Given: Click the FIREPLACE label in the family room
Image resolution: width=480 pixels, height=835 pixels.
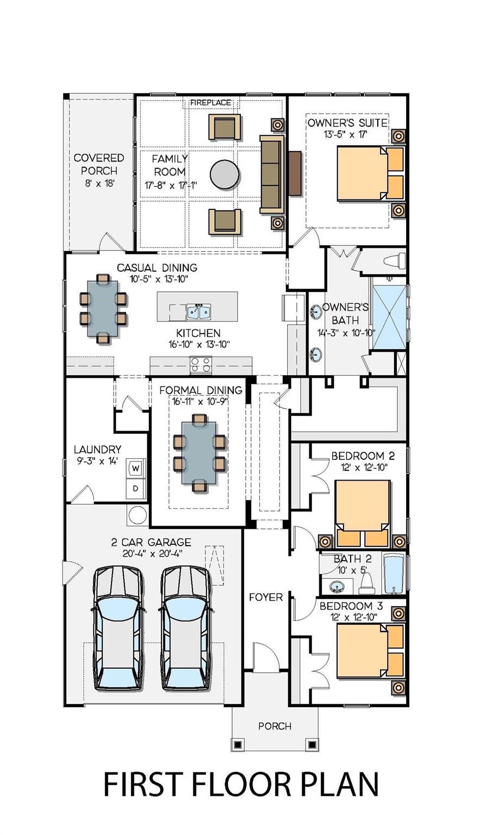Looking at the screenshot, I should (x=210, y=102).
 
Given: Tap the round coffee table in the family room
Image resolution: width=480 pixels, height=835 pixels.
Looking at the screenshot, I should (x=224, y=174).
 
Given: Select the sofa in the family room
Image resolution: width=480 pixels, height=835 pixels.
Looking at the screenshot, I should (x=272, y=174).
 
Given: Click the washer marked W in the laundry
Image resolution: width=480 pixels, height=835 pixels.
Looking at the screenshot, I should (x=135, y=468).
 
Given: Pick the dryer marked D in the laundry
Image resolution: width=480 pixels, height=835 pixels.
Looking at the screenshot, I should (x=135, y=488).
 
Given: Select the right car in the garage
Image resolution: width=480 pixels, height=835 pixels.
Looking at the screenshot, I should (x=186, y=628).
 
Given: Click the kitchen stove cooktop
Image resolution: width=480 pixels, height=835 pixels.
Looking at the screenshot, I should (x=200, y=364).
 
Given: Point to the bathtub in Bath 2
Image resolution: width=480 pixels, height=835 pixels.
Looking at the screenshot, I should (x=393, y=574).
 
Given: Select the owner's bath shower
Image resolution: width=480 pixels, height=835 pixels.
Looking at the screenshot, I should (x=389, y=313).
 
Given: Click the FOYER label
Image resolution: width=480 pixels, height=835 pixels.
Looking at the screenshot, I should (x=266, y=597).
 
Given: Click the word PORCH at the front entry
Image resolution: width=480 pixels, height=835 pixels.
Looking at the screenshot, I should (x=275, y=726).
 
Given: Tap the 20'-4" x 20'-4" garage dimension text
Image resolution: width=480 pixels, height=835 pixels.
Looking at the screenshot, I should (x=151, y=553).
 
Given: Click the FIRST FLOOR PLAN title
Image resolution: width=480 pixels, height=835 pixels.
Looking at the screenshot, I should (x=241, y=784).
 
